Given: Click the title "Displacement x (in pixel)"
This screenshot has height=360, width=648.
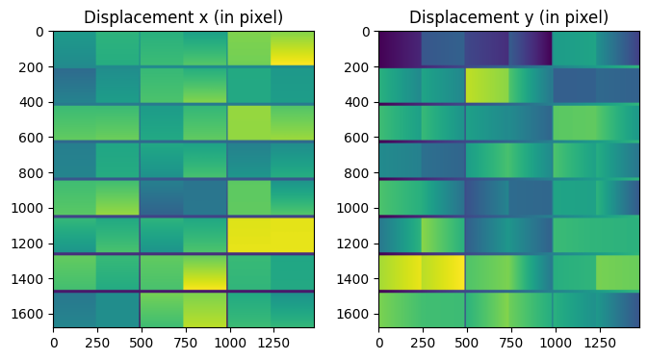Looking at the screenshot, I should tap(183, 17).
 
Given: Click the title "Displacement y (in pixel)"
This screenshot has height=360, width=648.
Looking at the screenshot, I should tap(508, 17).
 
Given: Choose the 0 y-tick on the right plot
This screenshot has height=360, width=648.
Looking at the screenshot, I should tap(367, 32).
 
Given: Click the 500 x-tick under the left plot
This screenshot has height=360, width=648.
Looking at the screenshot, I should tap(141, 340).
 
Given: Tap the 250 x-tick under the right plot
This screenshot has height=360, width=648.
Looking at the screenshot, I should tap(423, 340).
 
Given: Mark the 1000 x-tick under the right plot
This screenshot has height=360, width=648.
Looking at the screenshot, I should tap(554, 340).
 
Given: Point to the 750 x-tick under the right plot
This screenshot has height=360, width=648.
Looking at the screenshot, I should tap(510, 340).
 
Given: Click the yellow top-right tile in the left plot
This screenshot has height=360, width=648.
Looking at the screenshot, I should tap(293, 49).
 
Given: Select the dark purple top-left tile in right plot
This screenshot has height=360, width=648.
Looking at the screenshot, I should tap(400, 48).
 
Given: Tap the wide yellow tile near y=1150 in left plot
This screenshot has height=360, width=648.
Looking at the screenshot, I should tap(271, 234).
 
